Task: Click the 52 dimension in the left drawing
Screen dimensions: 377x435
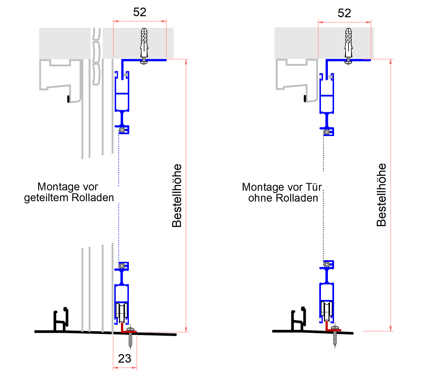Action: [x=140, y=12]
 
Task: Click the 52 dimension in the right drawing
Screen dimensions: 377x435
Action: [x=344, y=13]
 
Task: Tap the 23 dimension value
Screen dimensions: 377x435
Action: [x=124, y=359]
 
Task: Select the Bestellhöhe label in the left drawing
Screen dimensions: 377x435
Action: [x=176, y=196]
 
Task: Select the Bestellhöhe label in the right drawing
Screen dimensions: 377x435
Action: [x=382, y=195]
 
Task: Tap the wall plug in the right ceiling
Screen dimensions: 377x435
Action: [x=348, y=43]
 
